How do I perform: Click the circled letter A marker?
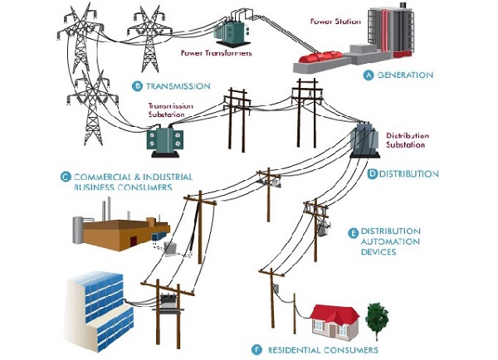pos(369,75)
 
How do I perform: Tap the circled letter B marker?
pos(137,85)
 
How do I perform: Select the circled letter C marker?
pos(65,176)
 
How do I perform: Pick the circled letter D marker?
pos(373,174)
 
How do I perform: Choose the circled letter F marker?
pos(256,349)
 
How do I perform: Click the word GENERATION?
pos(405,75)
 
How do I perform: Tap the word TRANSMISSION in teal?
pos(177,85)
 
